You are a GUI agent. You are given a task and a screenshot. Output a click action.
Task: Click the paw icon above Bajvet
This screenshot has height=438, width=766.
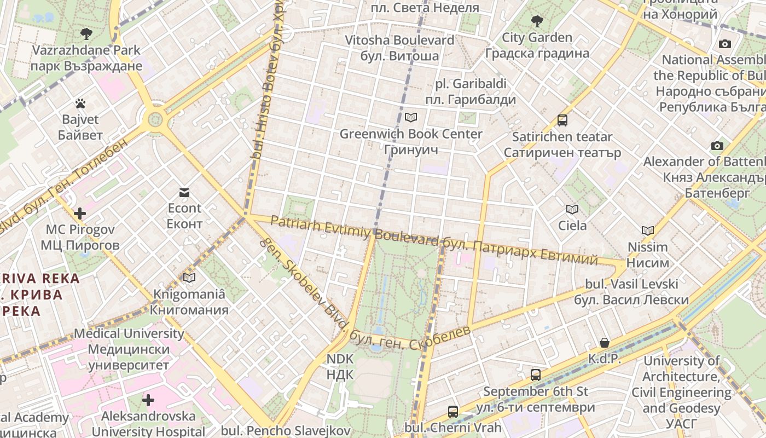pyautogui.click(x=80, y=103)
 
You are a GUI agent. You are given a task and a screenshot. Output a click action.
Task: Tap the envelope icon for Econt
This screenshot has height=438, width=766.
pyautogui.click(x=184, y=192)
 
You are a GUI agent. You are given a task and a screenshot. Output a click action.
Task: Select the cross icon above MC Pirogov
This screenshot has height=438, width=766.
pyautogui.click(x=80, y=213)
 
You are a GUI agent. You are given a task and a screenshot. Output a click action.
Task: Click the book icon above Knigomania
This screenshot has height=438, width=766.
pyautogui.click(x=189, y=278)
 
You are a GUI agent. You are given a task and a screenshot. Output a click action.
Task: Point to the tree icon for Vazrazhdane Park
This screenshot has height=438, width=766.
pyautogui.click(x=86, y=34)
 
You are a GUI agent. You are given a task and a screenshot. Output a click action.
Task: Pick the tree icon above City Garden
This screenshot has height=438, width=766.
pyautogui.click(x=537, y=21)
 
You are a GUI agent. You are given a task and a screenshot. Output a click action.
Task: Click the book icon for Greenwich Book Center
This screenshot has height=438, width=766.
pyautogui.click(x=410, y=117)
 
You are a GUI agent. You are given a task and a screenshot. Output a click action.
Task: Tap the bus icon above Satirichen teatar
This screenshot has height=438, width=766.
pyautogui.click(x=562, y=120)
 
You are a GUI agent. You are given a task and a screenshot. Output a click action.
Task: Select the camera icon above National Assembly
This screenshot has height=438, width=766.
pyautogui.click(x=725, y=44)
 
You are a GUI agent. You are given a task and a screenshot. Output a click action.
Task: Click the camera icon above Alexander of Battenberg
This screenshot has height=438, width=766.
pyautogui.click(x=717, y=146)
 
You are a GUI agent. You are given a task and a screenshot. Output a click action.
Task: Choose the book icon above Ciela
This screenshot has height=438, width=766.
pyautogui.click(x=572, y=209)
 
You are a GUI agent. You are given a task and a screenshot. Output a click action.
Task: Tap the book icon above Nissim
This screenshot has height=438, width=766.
pyautogui.click(x=648, y=231)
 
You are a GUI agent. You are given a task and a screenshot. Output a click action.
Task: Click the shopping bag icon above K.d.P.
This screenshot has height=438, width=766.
pyautogui.click(x=605, y=343)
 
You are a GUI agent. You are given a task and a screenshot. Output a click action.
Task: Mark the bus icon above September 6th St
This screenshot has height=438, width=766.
pyautogui.click(x=536, y=375)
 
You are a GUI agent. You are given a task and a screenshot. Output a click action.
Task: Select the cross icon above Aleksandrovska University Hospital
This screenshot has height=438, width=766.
pyautogui.click(x=148, y=400)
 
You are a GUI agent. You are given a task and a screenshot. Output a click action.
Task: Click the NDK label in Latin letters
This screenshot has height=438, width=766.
pyautogui.click(x=340, y=359)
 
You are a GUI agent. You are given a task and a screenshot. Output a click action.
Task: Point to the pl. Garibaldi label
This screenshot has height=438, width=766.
pyautogui.click(x=471, y=84)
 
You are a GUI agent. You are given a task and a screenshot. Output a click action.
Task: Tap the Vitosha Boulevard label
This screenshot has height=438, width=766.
pyautogui.click(x=399, y=40)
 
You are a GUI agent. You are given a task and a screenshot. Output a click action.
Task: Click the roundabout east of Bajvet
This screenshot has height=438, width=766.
pyautogui.click(x=156, y=119)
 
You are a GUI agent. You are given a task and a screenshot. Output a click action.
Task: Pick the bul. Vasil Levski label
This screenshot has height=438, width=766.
pyautogui.click(x=631, y=284)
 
